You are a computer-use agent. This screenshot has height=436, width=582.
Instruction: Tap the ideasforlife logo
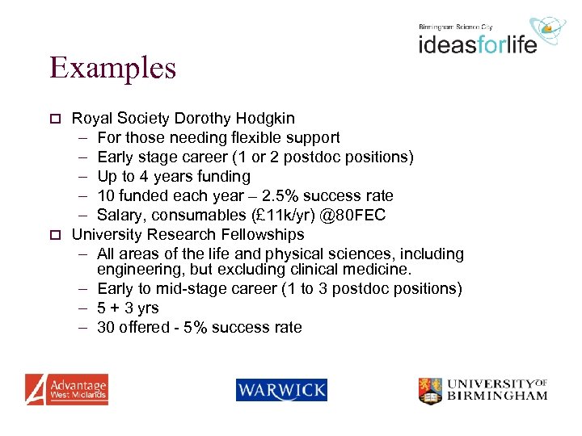click(477, 43)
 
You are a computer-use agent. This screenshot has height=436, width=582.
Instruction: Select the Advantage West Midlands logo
click(66, 389)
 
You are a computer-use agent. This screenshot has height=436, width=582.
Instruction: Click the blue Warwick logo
click(281, 391)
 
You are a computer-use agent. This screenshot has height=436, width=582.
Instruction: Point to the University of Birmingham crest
click(430, 391)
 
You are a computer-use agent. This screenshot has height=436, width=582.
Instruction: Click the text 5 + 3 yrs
click(128, 308)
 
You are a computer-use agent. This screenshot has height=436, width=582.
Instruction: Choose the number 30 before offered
click(106, 328)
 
